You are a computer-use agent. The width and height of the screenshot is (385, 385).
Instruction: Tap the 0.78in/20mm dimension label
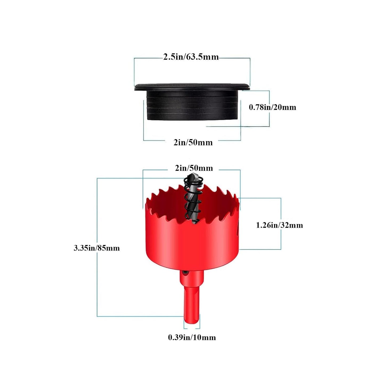point(272,107)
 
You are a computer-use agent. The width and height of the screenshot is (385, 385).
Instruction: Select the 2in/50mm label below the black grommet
point(193,143)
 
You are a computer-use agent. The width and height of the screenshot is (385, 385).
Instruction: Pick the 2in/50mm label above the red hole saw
point(193,168)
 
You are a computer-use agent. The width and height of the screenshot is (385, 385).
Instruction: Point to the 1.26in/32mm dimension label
point(279,225)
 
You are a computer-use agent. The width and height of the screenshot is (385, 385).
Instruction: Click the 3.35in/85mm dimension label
point(97,248)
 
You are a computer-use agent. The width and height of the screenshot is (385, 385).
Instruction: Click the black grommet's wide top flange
point(192,87)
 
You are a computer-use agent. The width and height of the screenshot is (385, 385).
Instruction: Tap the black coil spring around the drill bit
point(193,198)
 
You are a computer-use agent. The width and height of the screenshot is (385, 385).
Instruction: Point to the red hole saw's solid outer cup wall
point(192,244)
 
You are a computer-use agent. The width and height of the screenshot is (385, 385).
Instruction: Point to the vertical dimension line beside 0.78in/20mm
point(269,108)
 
